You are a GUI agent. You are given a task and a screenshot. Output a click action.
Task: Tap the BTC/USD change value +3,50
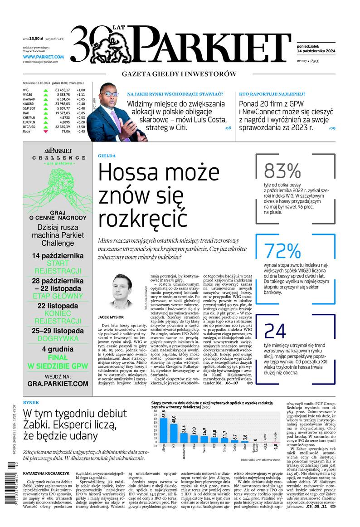click(81, 127)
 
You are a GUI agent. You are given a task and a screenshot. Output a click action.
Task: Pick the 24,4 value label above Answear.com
click(184, 428)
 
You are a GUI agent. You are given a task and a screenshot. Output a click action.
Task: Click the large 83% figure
click(282, 171)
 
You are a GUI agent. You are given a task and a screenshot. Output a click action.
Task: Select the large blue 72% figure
click(282, 251)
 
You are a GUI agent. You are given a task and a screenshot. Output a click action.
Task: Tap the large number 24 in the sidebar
click(275, 332)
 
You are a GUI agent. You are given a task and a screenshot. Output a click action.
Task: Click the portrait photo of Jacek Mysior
click(120, 291)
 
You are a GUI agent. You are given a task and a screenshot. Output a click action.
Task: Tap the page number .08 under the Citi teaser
click(228, 128)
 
